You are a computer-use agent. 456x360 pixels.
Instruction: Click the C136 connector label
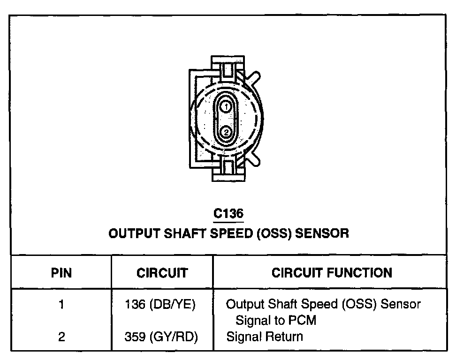click(x=228, y=214)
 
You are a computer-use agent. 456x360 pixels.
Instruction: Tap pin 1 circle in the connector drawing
click(x=226, y=107)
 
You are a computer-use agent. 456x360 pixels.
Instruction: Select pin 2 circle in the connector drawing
click(x=226, y=132)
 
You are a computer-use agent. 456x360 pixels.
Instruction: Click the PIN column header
click(x=61, y=273)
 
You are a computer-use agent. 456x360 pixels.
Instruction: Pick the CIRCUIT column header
click(x=162, y=273)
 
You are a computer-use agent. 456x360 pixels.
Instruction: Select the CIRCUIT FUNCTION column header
click(x=331, y=273)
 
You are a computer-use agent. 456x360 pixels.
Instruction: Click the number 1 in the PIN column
click(x=61, y=305)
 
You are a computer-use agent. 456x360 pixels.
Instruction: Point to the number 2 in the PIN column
click(x=61, y=337)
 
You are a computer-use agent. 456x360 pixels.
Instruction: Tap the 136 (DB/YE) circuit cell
click(x=160, y=305)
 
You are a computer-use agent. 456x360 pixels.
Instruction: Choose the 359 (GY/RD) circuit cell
click(x=161, y=337)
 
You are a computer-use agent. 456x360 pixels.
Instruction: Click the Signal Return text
click(x=265, y=337)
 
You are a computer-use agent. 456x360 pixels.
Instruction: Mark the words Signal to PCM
click(x=276, y=321)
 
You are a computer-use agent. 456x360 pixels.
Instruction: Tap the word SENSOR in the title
click(x=323, y=233)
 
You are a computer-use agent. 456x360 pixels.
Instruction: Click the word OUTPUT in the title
click(x=134, y=233)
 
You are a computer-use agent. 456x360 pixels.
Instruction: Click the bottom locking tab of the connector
click(x=228, y=171)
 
